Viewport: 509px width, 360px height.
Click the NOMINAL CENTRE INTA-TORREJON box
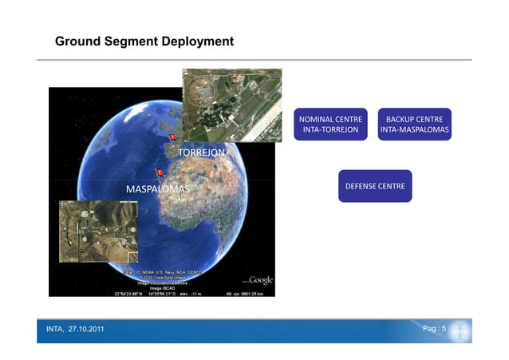(329, 124)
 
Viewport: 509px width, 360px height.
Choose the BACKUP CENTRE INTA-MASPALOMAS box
(414, 124)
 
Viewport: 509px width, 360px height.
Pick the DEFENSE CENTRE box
(374, 186)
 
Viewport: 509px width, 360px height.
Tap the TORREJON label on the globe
(200, 152)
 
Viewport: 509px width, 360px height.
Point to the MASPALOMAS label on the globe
(157, 189)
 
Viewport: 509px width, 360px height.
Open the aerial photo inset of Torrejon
(232, 105)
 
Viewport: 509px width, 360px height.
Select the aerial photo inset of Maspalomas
(98, 231)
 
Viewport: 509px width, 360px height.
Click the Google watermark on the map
(260, 280)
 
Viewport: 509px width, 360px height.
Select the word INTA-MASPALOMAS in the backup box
(414, 129)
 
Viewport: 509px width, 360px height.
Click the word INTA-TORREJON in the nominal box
(329, 129)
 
